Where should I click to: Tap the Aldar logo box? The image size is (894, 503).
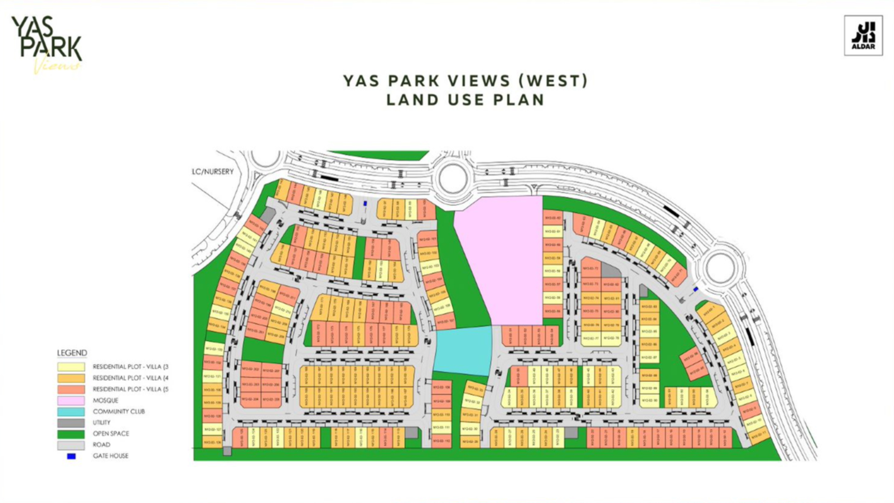[x=863, y=35]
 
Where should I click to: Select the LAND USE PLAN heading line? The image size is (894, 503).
[x=465, y=100]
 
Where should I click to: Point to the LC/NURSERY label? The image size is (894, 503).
[x=213, y=171]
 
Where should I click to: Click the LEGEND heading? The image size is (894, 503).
[x=72, y=353]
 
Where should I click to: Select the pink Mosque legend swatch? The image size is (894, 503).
[x=71, y=401]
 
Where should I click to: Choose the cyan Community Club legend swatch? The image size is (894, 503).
[x=71, y=412]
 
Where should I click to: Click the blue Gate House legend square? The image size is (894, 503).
[x=71, y=456]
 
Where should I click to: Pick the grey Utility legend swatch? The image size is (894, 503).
[x=71, y=423]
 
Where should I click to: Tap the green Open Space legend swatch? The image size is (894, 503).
[x=71, y=434]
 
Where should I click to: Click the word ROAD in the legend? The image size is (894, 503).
[x=102, y=445]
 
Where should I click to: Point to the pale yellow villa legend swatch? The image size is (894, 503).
[x=71, y=367]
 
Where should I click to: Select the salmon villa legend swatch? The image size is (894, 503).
[x=71, y=389]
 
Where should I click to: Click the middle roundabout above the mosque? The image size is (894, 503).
[x=453, y=179]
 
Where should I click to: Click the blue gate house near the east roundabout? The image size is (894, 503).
[x=696, y=290]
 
